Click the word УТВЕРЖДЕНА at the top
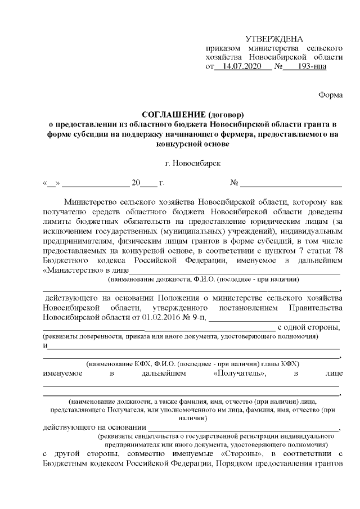(274, 39)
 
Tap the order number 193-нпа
(303, 66)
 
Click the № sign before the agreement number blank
(235, 183)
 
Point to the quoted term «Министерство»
(69, 270)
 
